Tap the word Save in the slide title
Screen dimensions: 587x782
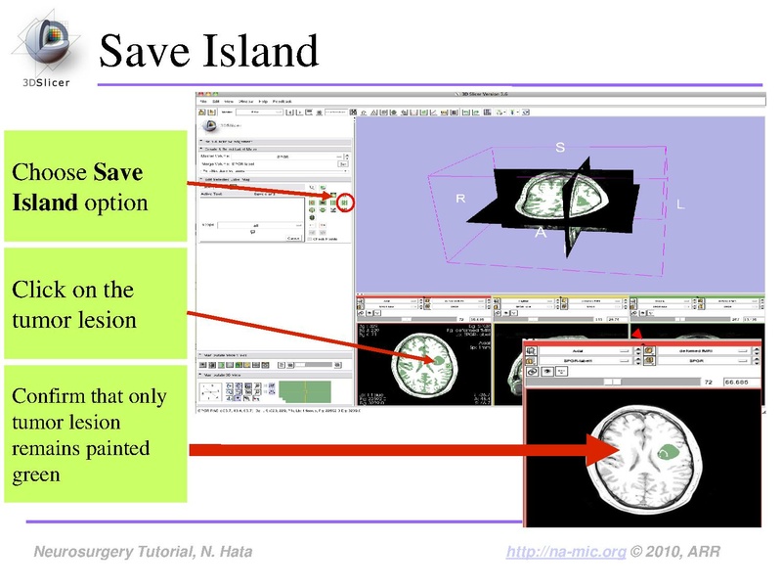click(144, 51)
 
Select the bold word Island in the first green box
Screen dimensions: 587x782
click(44, 203)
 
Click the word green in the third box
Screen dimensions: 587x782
click(36, 475)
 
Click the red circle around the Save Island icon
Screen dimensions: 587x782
click(345, 203)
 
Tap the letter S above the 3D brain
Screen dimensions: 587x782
click(560, 148)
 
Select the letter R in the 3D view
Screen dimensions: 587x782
click(460, 199)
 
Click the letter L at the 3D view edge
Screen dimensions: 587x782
click(680, 204)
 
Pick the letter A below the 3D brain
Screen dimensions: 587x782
click(539, 233)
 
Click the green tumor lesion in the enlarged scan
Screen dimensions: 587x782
click(668, 452)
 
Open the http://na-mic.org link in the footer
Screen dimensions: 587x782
click(566, 553)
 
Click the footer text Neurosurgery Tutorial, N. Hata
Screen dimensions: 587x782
click(143, 553)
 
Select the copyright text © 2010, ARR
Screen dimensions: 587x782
click(676, 553)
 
